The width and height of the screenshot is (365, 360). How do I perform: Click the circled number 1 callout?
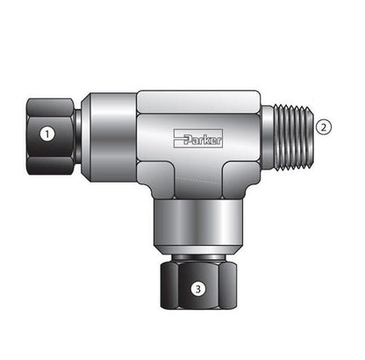click(47, 134)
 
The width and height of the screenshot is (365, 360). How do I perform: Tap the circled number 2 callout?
click(324, 127)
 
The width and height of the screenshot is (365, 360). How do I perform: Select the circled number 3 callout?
click(198, 289)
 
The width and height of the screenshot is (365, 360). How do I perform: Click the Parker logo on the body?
click(198, 139)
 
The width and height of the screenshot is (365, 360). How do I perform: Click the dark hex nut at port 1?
click(50, 137)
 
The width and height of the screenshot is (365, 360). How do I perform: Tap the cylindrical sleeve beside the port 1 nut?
click(109, 137)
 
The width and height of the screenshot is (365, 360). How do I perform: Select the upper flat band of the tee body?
click(198, 102)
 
